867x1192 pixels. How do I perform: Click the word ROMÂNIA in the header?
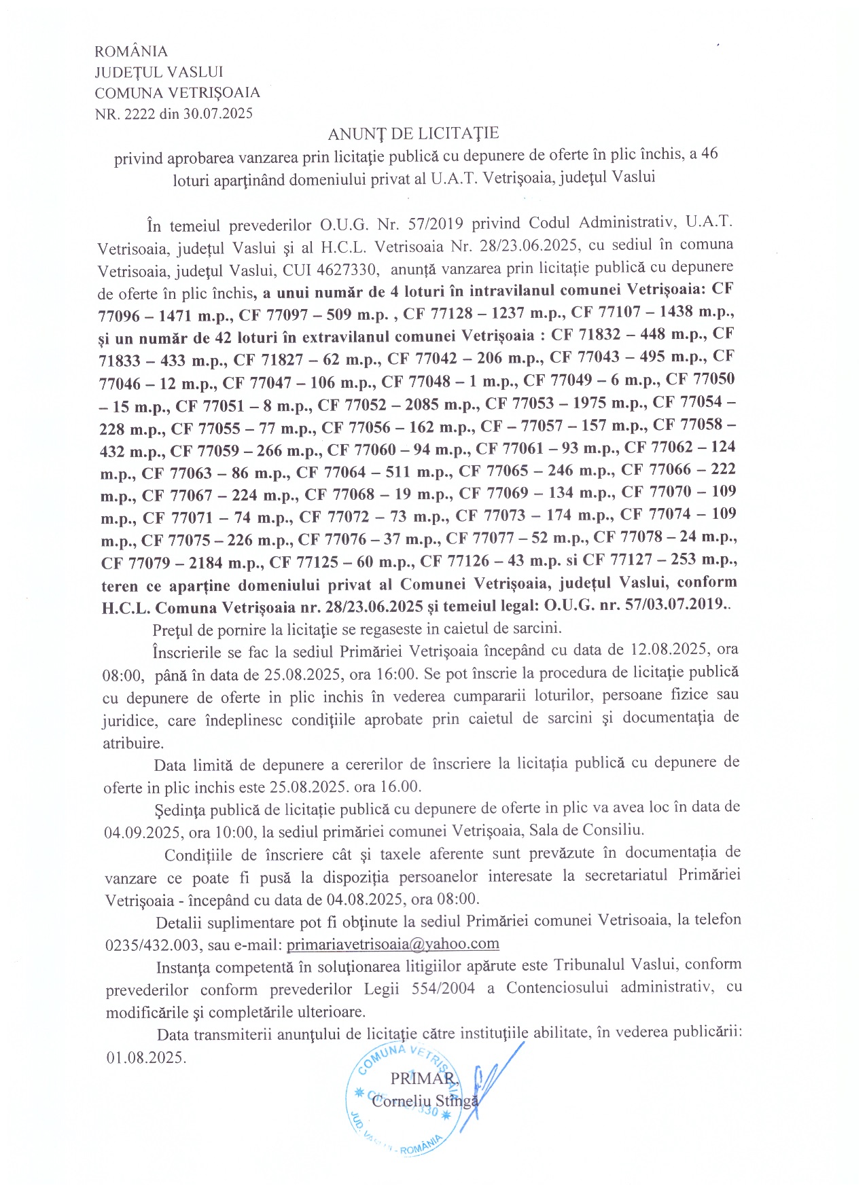tap(131, 52)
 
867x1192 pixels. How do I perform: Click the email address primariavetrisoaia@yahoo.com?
tap(393, 943)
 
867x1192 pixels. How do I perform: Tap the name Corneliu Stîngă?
tap(425, 1101)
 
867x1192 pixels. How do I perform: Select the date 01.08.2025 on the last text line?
tap(145, 1058)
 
